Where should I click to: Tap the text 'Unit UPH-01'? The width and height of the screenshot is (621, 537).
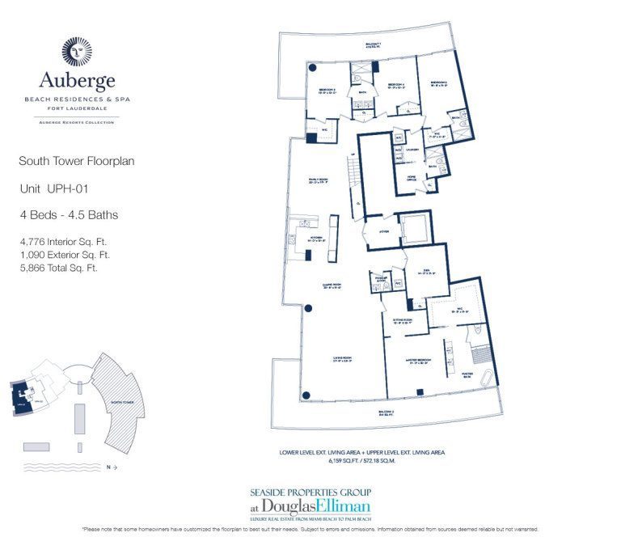(53, 188)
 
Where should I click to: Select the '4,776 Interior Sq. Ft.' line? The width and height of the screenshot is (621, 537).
(63, 241)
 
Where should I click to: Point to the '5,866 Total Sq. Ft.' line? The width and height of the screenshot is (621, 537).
(58, 268)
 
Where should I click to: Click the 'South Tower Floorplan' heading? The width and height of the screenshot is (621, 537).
(77, 162)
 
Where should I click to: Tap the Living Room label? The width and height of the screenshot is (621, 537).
(341, 357)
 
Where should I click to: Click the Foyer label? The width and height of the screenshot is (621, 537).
(382, 230)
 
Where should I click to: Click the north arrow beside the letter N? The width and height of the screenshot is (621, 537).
(114, 467)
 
